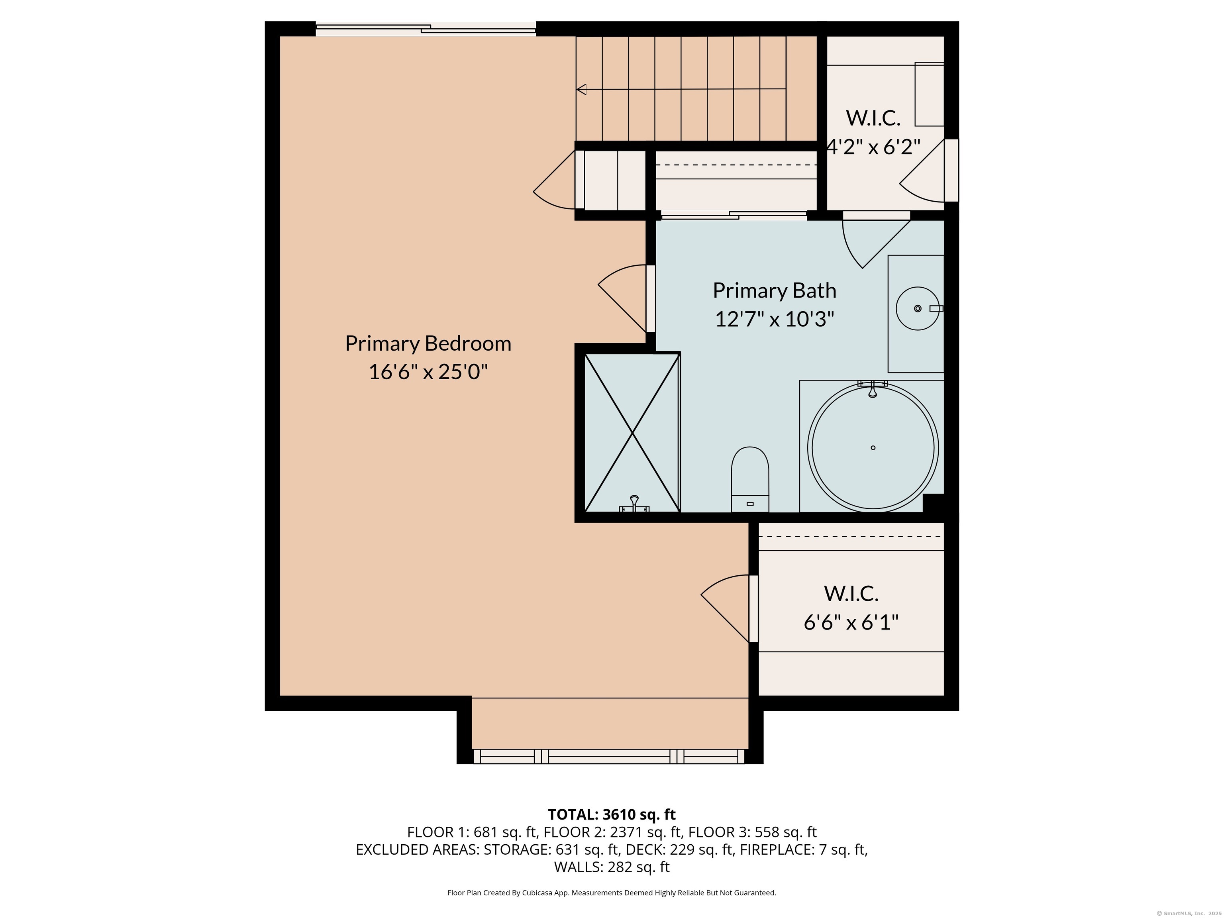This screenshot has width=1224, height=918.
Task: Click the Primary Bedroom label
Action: pyautogui.click(x=428, y=343)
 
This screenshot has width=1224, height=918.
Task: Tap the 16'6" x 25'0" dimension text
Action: pyautogui.click(x=428, y=372)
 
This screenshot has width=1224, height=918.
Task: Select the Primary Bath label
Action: pyautogui.click(x=774, y=290)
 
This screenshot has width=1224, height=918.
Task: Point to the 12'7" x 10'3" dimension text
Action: pyautogui.click(x=774, y=319)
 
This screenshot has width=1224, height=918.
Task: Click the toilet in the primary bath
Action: pyautogui.click(x=750, y=479)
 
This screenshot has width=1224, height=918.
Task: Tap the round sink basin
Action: pyautogui.click(x=918, y=308)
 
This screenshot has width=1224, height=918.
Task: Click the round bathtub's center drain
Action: pyautogui.click(x=873, y=448)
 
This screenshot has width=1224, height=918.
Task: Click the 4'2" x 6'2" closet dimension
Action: pyautogui.click(x=873, y=147)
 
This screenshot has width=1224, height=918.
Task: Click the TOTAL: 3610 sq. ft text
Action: pyautogui.click(x=612, y=814)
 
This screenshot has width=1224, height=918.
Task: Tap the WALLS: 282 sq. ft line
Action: pyautogui.click(x=612, y=867)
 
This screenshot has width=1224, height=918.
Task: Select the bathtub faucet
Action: pyautogui.click(x=873, y=388)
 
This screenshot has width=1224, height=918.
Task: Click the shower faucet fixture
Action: pyautogui.click(x=634, y=504)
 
